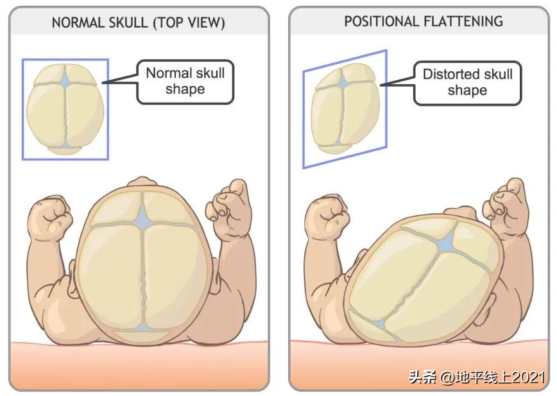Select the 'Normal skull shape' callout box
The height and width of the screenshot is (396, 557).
pyautogui.click(x=185, y=81)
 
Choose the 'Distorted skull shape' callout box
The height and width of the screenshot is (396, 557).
pyautogui.click(x=467, y=82)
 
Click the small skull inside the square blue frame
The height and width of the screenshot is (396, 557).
pyautogui.click(x=65, y=110)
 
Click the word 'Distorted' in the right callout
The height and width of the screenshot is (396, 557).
pyautogui.click(x=450, y=74)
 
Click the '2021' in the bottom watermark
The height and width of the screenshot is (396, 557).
pyautogui.click(x=530, y=377)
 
